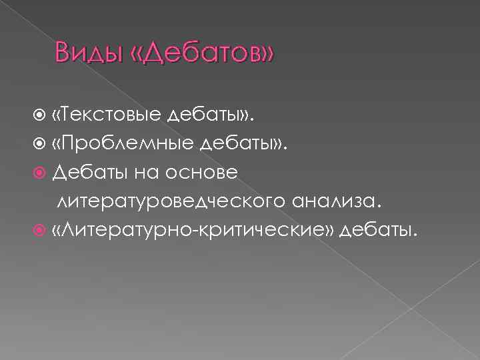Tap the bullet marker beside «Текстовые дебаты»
pos(43,116)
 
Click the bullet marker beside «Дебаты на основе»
pos(43,173)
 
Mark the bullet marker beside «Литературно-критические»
pos(43,230)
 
